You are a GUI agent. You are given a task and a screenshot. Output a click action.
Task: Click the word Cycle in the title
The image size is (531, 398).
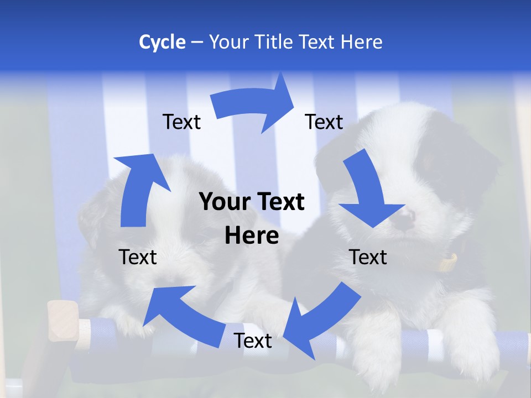point(162,42)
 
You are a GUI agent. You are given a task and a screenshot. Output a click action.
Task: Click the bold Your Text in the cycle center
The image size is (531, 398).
point(252,202)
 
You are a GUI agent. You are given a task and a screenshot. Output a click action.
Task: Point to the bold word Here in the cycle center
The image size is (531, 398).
point(252,236)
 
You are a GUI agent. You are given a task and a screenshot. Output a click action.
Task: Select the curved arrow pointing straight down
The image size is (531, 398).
point(368,191)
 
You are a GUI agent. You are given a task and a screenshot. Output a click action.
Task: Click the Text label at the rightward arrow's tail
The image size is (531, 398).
point(181,122)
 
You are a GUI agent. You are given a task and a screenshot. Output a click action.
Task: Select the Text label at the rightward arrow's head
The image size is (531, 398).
point(324,122)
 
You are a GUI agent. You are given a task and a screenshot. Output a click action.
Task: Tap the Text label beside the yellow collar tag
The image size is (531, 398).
point(368,257)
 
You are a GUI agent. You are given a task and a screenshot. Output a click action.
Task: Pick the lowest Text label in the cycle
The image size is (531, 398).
point(253,341)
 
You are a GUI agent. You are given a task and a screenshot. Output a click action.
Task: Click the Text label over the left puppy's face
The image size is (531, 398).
point(138,257)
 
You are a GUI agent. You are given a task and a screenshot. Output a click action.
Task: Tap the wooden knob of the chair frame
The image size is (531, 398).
point(62,321)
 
